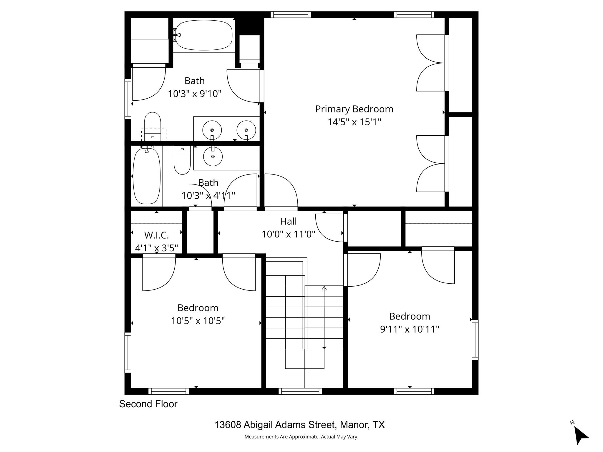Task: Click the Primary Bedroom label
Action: tap(354, 109)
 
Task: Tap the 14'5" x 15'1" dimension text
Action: tap(354, 122)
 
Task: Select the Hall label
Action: tap(288, 221)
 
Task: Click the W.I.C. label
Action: tap(156, 235)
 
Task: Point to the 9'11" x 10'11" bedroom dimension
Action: tap(410, 329)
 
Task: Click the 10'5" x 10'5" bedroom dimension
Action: tap(198, 321)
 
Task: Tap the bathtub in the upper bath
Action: tap(204, 35)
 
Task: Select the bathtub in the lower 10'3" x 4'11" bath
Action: tap(147, 176)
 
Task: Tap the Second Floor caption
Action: tap(148, 404)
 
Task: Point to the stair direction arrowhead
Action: tap(324, 288)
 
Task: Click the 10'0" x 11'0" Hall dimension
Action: tap(288, 234)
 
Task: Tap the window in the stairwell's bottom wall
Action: tap(300, 391)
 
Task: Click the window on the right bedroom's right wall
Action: tap(475, 340)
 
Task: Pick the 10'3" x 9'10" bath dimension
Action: tap(194, 94)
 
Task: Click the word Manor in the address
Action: tap(353, 425)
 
